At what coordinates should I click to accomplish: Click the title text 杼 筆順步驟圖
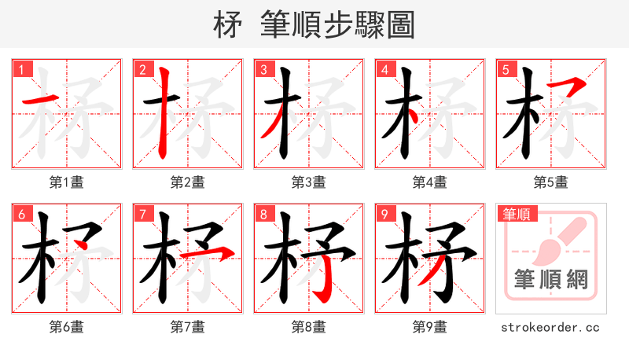[314, 25]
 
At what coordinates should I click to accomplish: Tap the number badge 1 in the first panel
[20, 70]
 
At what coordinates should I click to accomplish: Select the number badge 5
[505, 70]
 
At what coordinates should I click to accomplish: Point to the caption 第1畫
[66, 182]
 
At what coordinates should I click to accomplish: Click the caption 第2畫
[187, 182]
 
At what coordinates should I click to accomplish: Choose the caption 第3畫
[308, 182]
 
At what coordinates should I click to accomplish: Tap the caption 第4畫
[429, 182]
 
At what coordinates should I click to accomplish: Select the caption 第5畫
[550, 182]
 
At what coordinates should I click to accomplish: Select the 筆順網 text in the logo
[550, 279]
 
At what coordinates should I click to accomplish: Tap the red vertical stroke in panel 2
[164, 110]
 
